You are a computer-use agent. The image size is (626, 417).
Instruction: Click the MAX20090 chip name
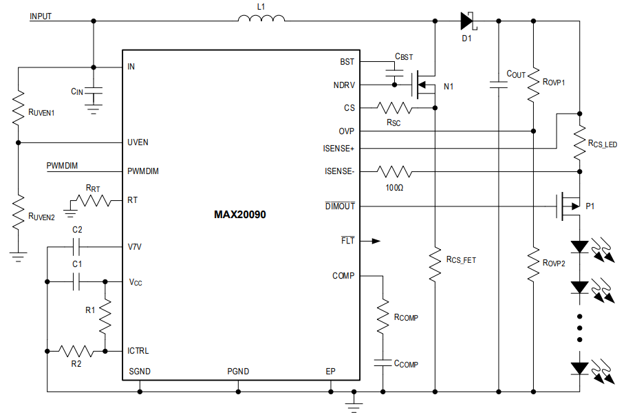(239, 215)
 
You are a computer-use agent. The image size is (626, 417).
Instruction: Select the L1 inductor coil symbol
(261, 19)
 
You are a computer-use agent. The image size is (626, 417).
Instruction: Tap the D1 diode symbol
(468, 21)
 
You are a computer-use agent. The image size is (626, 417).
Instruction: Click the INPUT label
(41, 16)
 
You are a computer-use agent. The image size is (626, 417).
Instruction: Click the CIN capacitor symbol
(95, 91)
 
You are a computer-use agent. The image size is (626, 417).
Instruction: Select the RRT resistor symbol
(92, 201)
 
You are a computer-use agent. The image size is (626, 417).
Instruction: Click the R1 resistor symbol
(105, 316)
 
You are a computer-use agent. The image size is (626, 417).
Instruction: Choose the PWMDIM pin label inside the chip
(143, 171)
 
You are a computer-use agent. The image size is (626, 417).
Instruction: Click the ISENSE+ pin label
(338, 148)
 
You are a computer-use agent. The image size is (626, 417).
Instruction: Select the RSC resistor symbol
(395, 107)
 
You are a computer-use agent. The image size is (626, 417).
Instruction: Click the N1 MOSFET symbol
(422, 84)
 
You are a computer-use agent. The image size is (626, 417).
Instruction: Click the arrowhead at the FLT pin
(375, 241)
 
